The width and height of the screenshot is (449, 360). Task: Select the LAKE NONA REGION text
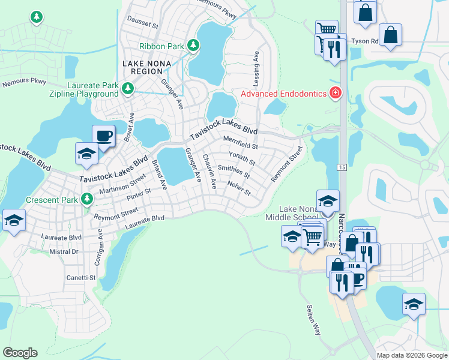[146, 67]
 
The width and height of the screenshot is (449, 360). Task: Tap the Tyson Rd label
[365, 41]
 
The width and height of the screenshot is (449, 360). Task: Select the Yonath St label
[243, 159]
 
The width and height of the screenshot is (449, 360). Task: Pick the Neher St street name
[239, 189]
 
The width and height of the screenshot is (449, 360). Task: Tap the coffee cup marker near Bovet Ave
[103, 135]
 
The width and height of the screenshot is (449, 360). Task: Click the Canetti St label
[80, 278]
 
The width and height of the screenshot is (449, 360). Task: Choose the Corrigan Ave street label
[98, 246]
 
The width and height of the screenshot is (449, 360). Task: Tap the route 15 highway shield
[342, 166]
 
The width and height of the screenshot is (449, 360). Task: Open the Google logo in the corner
[20, 353]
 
